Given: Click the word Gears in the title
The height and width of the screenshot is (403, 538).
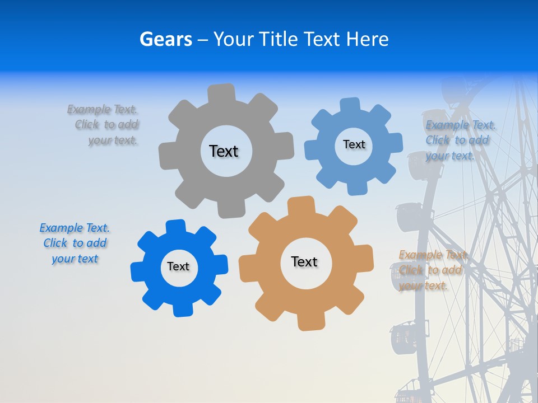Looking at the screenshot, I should pos(165,40).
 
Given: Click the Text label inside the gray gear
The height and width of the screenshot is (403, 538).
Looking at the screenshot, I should pos(224,151).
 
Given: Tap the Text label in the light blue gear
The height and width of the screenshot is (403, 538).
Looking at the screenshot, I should pos(354,144).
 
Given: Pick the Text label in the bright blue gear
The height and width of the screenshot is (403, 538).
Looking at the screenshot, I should pos(178,266).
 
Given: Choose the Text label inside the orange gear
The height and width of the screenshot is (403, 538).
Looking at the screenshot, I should pos(304,261).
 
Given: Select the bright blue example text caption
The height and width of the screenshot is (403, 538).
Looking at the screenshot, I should pos(75,243).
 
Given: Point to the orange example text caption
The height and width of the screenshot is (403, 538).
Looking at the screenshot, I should pos(432,270).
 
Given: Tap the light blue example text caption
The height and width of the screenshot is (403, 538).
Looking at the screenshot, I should pos(459,140).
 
